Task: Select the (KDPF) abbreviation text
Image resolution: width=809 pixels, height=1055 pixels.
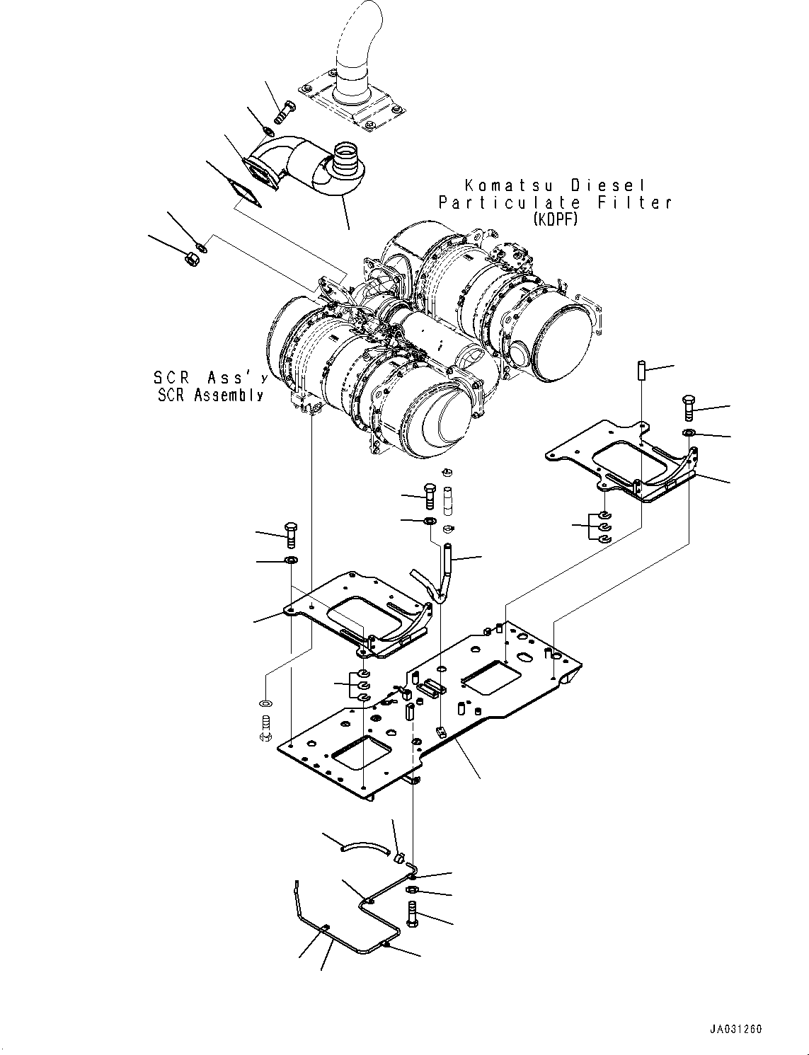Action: point(555,220)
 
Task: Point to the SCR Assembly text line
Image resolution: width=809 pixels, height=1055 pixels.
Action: point(210,396)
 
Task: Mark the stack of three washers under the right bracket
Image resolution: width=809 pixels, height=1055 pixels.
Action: point(604,526)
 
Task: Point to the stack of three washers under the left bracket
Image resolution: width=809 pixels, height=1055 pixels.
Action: point(362,684)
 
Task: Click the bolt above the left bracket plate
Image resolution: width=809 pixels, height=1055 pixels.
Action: point(291,534)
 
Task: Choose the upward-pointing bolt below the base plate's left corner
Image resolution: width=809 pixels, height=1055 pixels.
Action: point(266,730)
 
